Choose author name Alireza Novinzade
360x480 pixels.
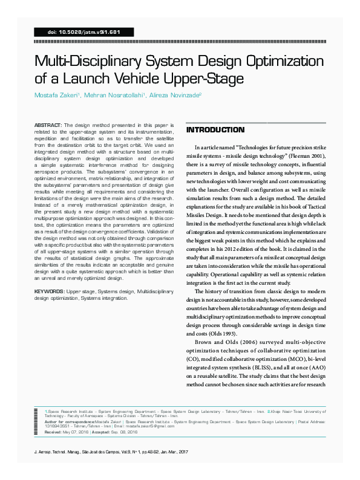coord(175,96)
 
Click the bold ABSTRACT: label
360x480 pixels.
coord(48,123)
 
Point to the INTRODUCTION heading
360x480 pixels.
coord(215,130)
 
